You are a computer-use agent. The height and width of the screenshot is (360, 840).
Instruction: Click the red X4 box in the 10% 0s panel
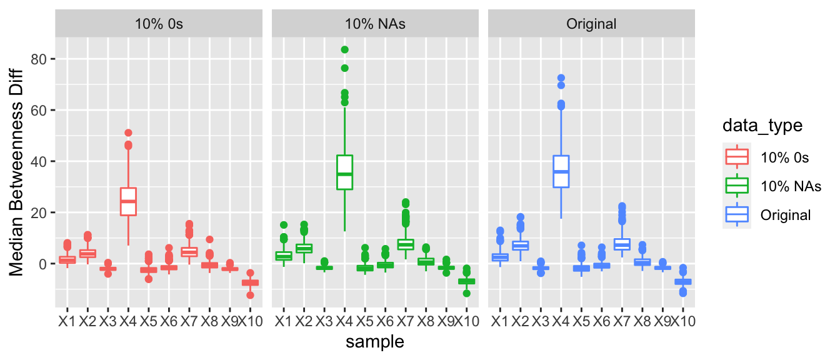coord(128,201)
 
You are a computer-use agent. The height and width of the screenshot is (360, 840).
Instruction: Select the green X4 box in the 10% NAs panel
coord(344,172)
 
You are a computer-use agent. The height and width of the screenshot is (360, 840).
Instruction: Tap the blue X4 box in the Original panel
coord(561,171)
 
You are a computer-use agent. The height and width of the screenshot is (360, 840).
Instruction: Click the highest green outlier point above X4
coord(344,50)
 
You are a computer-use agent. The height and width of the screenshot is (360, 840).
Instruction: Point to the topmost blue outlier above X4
coord(561,78)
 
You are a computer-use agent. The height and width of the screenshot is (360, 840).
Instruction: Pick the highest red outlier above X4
coord(128,133)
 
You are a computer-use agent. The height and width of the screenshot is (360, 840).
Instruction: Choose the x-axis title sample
coord(375,341)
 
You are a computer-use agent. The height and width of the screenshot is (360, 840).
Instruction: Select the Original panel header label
coord(591,24)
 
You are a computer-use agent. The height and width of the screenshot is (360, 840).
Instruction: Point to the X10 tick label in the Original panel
coord(683,321)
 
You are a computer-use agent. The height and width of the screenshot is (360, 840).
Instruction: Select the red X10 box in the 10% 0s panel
coord(251,283)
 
